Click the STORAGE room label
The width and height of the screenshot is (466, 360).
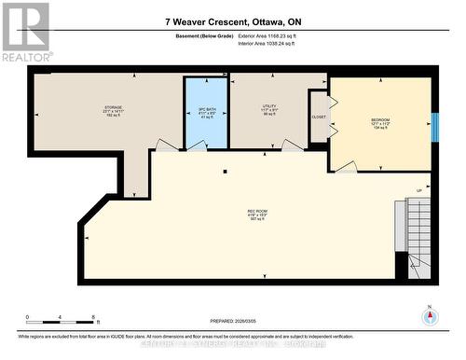coord(113,108)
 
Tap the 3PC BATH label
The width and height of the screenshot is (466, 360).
coord(206,112)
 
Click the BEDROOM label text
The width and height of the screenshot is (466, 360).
coord(380,120)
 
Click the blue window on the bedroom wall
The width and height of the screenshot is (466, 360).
coord(433,125)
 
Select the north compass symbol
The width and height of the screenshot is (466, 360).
coord(429,317)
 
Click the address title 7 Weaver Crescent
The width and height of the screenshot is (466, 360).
coord(232,21)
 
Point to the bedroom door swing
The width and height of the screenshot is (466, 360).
coord(345,167)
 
